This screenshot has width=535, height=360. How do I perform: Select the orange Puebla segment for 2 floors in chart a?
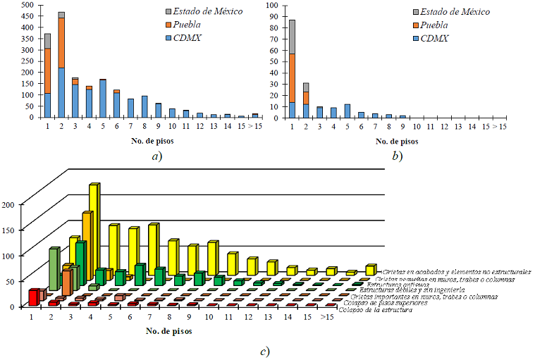click(61, 42)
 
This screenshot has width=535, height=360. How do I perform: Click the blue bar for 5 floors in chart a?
click(103, 98)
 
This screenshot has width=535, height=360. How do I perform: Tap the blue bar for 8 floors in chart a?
click(144, 106)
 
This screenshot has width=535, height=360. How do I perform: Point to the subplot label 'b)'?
click(396, 156)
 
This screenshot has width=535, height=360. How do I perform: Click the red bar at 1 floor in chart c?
click(32, 297)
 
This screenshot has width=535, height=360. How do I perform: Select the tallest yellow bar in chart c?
click(94, 218)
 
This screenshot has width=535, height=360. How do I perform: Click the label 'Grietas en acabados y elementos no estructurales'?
click(457, 271)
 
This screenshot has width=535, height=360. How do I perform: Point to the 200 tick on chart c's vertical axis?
click(21, 204)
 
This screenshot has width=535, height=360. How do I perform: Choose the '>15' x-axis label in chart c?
click(326, 317)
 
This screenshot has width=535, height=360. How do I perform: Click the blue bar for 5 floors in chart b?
click(347, 110)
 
